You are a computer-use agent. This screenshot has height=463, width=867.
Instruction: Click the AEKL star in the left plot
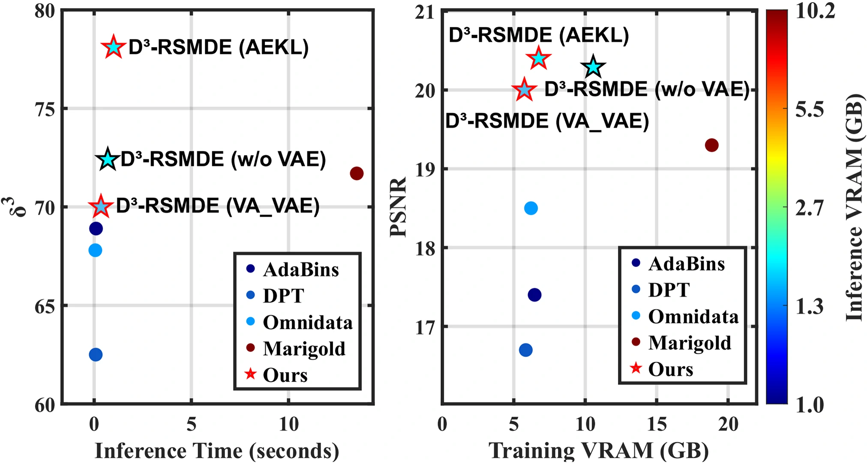pos(113,47)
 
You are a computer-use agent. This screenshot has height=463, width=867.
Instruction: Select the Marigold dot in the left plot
pos(357,173)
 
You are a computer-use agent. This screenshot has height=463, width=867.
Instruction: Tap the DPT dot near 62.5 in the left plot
pos(95,355)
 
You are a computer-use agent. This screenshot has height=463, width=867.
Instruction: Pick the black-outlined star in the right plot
pos(593,67)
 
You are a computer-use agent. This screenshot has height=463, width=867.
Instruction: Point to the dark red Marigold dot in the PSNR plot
pos(711,145)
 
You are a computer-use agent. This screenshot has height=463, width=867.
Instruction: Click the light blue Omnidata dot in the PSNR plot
pos(531,208)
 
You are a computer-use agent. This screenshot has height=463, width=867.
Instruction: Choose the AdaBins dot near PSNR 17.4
pos(534,295)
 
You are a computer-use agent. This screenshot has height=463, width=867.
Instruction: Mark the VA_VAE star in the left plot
pos(101,207)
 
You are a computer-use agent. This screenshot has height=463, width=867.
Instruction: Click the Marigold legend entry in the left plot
pos(303,349)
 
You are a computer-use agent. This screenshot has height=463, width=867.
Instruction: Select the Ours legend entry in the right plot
pos(670,369)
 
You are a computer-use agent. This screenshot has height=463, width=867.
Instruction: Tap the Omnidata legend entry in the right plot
pos(693,316)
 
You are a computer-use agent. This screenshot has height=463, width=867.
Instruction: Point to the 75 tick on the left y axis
pos(45,109)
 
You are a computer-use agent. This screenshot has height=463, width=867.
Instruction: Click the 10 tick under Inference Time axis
pos(289,424)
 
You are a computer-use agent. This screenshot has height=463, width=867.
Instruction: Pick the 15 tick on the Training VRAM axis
pos(656,424)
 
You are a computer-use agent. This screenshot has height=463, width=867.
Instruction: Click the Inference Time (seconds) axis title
pos(216,451)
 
